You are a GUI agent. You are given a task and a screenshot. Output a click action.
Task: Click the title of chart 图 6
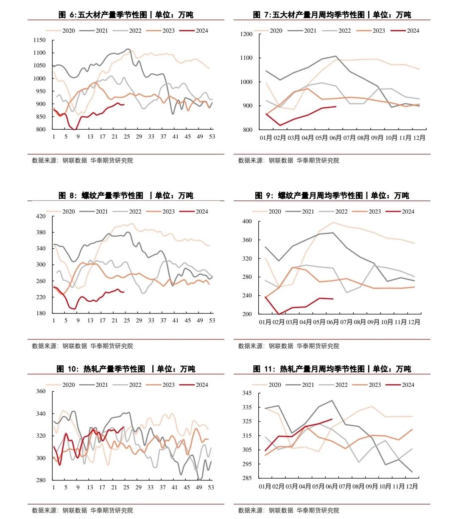pyautogui.click(x=126, y=15)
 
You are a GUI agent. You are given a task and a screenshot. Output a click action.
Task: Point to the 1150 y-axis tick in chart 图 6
pyautogui.click(x=39, y=40)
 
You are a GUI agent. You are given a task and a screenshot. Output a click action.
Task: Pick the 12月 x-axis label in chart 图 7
pyautogui.click(x=419, y=138)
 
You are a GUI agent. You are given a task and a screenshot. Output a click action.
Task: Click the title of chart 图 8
pyautogui.click(x=126, y=195)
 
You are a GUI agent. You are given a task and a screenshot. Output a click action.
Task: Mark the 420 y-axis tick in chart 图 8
pyautogui.click(x=41, y=216)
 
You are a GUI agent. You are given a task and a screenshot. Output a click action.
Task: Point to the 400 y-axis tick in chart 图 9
pyautogui.click(x=247, y=222)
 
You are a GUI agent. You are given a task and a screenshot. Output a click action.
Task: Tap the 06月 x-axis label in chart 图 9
pyautogui.click(x=333, y=322)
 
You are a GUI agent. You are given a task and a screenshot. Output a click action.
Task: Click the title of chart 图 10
pyautogui.click(x=126, y=369)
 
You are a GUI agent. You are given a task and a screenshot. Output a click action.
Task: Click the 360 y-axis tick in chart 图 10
pyautogui.click(x=41, y=391)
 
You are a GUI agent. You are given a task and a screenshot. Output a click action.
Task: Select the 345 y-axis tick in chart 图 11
pyautogui.click(x=247, y=393)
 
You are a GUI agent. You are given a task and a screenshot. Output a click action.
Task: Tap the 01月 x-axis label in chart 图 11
pyautogui.click(x=265, y=487)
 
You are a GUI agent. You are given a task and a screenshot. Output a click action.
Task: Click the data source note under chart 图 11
pyautogui.click(x=289, y=511)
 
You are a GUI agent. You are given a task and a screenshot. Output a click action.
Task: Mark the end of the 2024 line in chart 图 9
pyautogui.click(x=333, y=299)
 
